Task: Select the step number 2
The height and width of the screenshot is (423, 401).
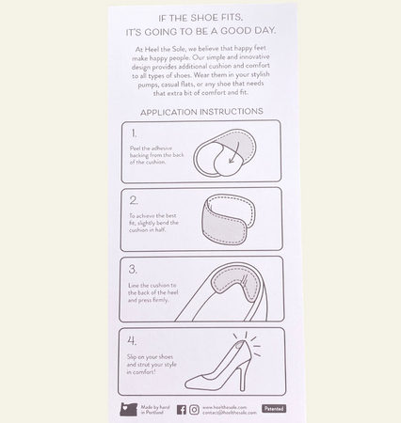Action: [134, 199]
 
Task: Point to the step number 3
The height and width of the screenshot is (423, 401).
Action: [134, 267]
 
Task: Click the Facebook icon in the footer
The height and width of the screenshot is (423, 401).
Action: [182, 410]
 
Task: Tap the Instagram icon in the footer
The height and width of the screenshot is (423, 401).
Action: [194, 410]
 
